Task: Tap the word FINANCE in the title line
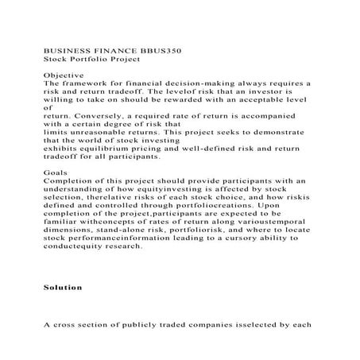click(112, 49)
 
